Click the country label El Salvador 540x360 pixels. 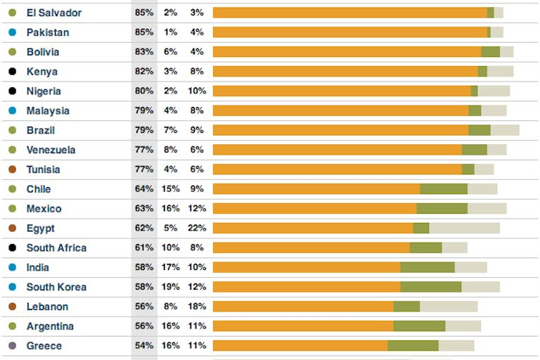click(53, 13)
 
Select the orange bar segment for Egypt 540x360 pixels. click(313, 228)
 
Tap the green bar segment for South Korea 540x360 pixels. click(431, 287)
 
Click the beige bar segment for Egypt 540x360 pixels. click(464, 228)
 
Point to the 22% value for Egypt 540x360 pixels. click(196, 228)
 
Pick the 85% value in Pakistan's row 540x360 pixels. click(144, 32)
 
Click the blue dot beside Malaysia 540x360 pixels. click(12, 111)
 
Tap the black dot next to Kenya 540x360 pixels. click(12, 72)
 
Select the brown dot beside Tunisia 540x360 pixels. click(12, 169)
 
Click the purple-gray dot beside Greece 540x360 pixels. click(12, 346)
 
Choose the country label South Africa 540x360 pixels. click(56, 247)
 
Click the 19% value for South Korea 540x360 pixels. click(170, 287)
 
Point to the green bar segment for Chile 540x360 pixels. click(444, 188)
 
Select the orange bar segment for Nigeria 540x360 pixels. click(342, 91)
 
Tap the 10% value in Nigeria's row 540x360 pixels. click(196, 91)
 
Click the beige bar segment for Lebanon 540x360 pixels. click(449, 307)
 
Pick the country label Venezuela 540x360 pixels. click(51, 150)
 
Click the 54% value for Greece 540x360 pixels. click(144, 346)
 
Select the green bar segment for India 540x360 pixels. click(427, 267)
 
